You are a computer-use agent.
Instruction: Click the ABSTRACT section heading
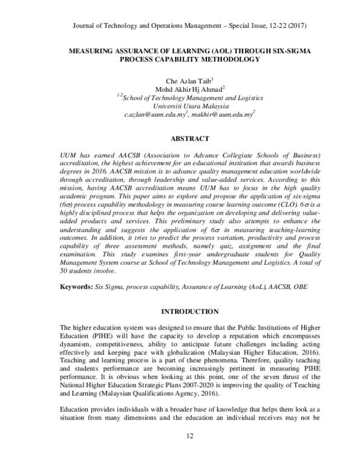181,138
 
